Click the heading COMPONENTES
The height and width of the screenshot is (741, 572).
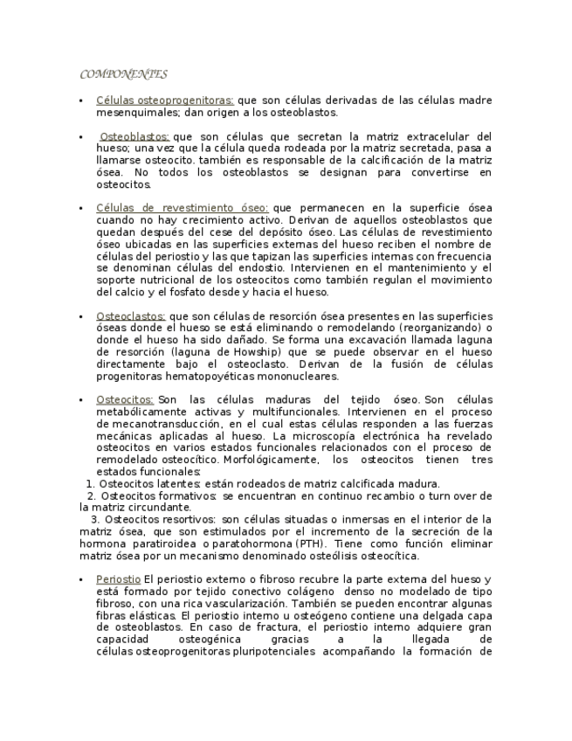click(123, 74)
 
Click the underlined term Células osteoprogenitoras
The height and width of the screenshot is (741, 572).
click(164, 100)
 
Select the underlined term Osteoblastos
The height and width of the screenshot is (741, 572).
click(134, 137)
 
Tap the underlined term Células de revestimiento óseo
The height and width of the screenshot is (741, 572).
click(182, 208)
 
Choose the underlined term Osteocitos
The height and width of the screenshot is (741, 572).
click(124, 399)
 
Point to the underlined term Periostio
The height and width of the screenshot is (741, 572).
click(118, 579)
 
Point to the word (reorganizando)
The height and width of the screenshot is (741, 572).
click(443, 328)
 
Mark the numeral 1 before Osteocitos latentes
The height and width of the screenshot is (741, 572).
click(90, 483)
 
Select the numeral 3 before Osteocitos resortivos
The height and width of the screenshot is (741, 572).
click(94, 519)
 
